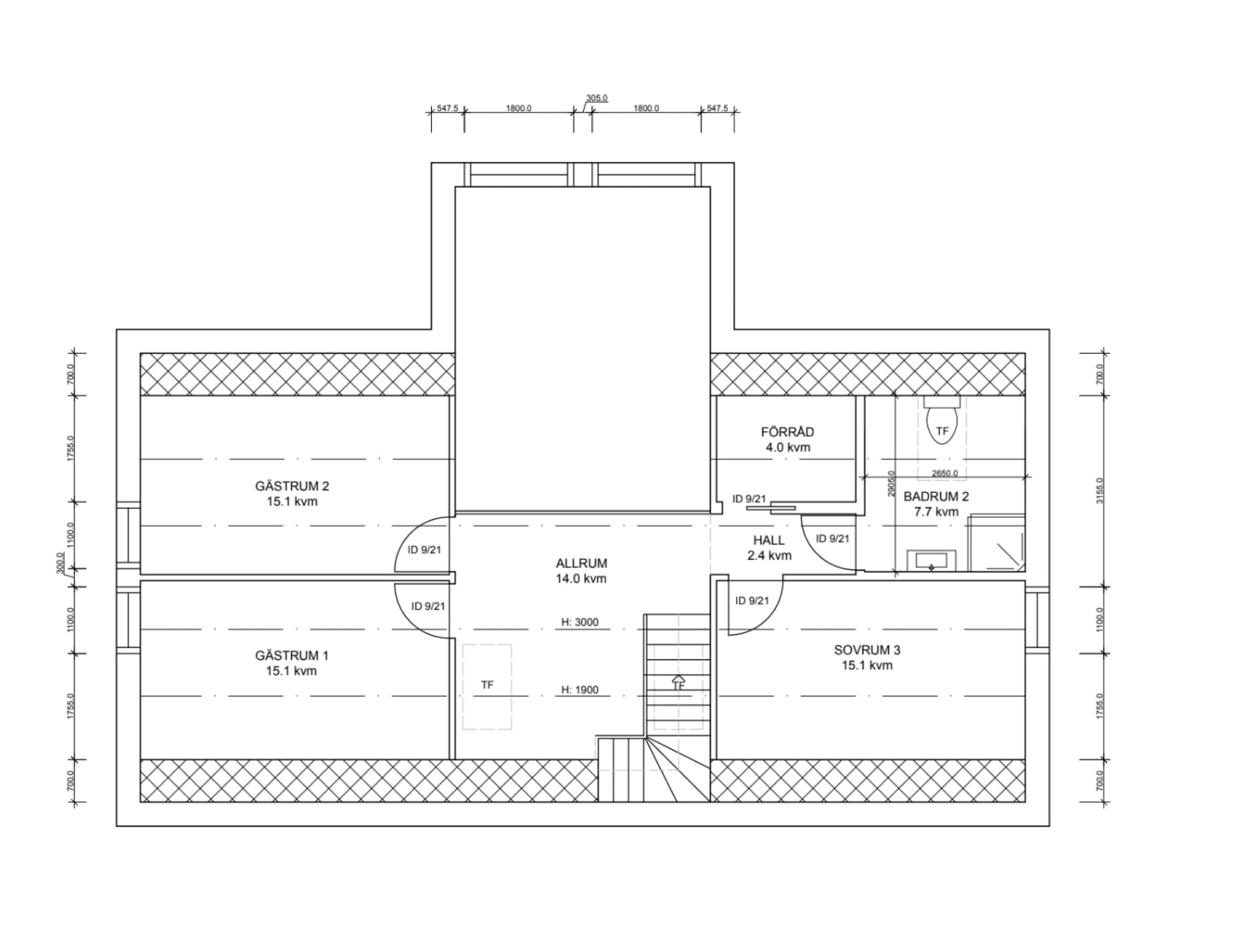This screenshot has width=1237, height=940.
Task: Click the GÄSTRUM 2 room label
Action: point(292,494)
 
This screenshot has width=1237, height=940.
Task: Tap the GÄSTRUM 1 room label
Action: point(292,663)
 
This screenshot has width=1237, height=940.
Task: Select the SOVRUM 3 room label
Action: point(867,657)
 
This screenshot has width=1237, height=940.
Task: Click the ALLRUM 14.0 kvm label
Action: point(581,571)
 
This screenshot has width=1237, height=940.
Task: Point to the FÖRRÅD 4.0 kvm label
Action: point(787,439)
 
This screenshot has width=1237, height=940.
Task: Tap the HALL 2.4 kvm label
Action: point(769,548)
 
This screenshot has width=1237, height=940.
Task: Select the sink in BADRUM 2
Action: point(931,561)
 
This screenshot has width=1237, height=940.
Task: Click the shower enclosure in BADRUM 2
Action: point(997,542)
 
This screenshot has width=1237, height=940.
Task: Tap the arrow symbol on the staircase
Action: point(678,680)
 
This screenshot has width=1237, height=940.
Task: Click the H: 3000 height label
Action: point(580,622)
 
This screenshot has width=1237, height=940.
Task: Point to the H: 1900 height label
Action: point(580,690)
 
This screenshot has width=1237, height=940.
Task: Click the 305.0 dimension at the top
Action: point(597,98)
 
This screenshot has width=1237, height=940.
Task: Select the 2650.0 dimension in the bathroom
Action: point(945,473)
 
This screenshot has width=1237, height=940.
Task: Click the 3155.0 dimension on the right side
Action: point(1099,491)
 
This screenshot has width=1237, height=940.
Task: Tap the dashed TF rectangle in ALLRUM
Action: point(487,687)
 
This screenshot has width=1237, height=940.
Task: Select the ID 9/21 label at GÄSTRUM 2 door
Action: point(425,550)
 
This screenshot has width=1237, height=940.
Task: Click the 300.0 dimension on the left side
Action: point(60,562)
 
